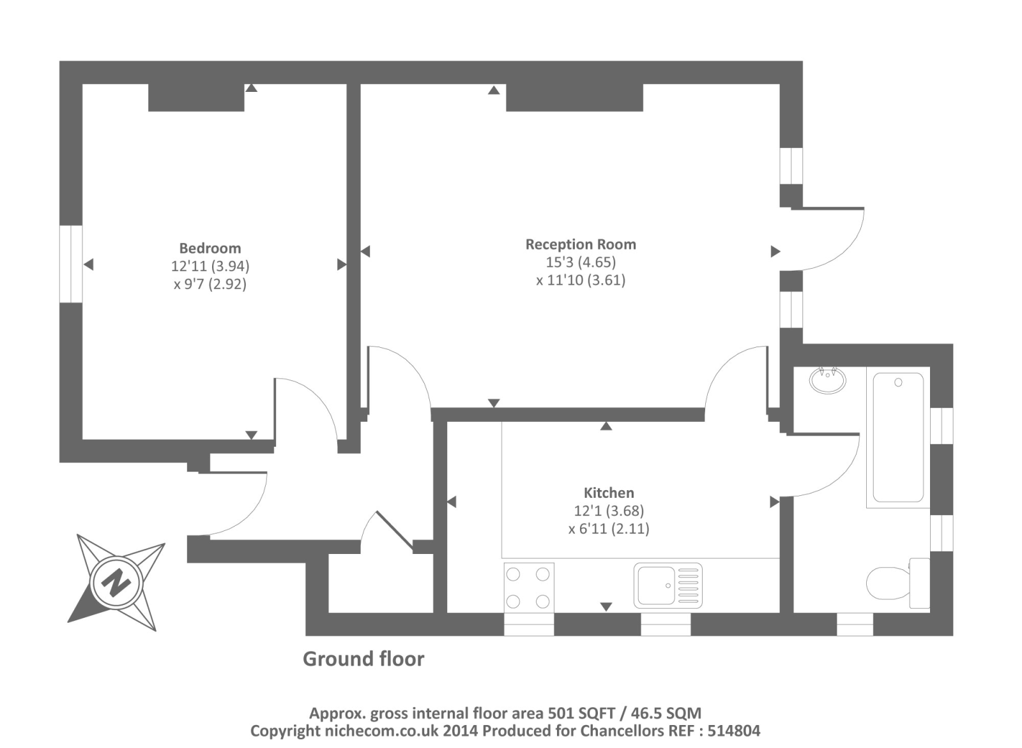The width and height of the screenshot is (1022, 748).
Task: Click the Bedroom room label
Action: click(x=210, y=248)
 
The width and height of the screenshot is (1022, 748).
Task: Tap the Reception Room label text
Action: click(x=580, y=244)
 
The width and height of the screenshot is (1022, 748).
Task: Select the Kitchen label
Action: click(x=608, y=493)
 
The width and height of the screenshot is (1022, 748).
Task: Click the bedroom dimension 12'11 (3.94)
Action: click(x=210, y=266)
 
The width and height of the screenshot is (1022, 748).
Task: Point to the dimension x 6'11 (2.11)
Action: click(x=608, y=528)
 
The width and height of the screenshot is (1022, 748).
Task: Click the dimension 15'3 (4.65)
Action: click(x=580, y=262)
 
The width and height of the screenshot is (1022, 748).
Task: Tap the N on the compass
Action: click(x=116, y=582)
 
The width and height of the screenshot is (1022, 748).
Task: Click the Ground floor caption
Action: click(x=363, y=659)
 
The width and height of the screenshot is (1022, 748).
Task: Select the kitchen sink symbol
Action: click(x=667, y=585)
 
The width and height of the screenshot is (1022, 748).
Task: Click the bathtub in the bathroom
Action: click(x=897, y=437)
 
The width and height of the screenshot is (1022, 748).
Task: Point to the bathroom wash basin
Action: click(x=827, y=381)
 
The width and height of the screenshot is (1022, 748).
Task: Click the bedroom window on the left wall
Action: click(x=71, y=264)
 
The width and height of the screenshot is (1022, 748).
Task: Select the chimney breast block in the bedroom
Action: click(x=196, y=98)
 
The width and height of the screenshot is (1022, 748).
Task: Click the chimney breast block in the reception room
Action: click(x=574, y=98)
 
